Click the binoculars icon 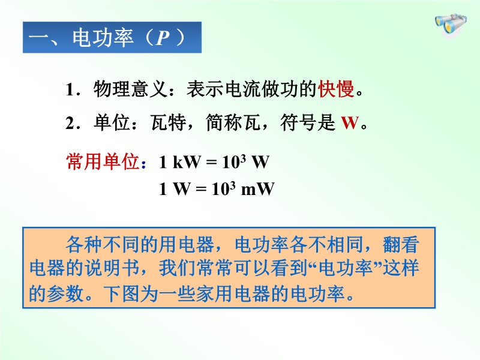click(451, 26)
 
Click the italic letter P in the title click(163, 38)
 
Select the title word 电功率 click(103, 38)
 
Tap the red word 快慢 click(336, 89)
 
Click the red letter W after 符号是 click(350, 123)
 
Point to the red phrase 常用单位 click(103, 161)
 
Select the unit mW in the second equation click(257, 189)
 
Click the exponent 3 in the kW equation click(243, 158)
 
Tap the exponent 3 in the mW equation click(232, 185)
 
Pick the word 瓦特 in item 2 click(169, 123)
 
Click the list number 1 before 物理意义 click(70, 90)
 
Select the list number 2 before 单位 click(70, 124)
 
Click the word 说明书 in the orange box click(112, 268)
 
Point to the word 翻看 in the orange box click(400, 244)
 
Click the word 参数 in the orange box click(66, 293)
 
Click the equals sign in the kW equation click(211, 162)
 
